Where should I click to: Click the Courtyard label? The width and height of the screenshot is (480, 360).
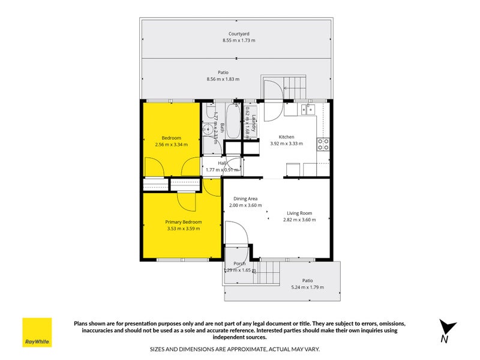point(239,34)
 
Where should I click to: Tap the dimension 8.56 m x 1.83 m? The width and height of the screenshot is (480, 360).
point(223,79)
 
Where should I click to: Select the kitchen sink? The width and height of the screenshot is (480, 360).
point(308,109)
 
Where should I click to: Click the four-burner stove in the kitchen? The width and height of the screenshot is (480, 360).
point(323,144)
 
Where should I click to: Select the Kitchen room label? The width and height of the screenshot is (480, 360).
point(286,137)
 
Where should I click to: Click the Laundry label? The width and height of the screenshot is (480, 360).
point(254,123)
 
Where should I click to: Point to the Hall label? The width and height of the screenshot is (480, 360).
point(223,163)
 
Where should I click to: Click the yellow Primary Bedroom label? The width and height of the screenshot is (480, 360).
point(184,221)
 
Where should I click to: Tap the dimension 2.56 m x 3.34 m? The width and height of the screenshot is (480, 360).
point(171,145)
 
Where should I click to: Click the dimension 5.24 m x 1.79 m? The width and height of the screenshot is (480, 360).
point(307,287)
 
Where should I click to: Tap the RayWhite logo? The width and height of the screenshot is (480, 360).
point(37,332)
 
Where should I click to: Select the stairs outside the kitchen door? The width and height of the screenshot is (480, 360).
point(293,86)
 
